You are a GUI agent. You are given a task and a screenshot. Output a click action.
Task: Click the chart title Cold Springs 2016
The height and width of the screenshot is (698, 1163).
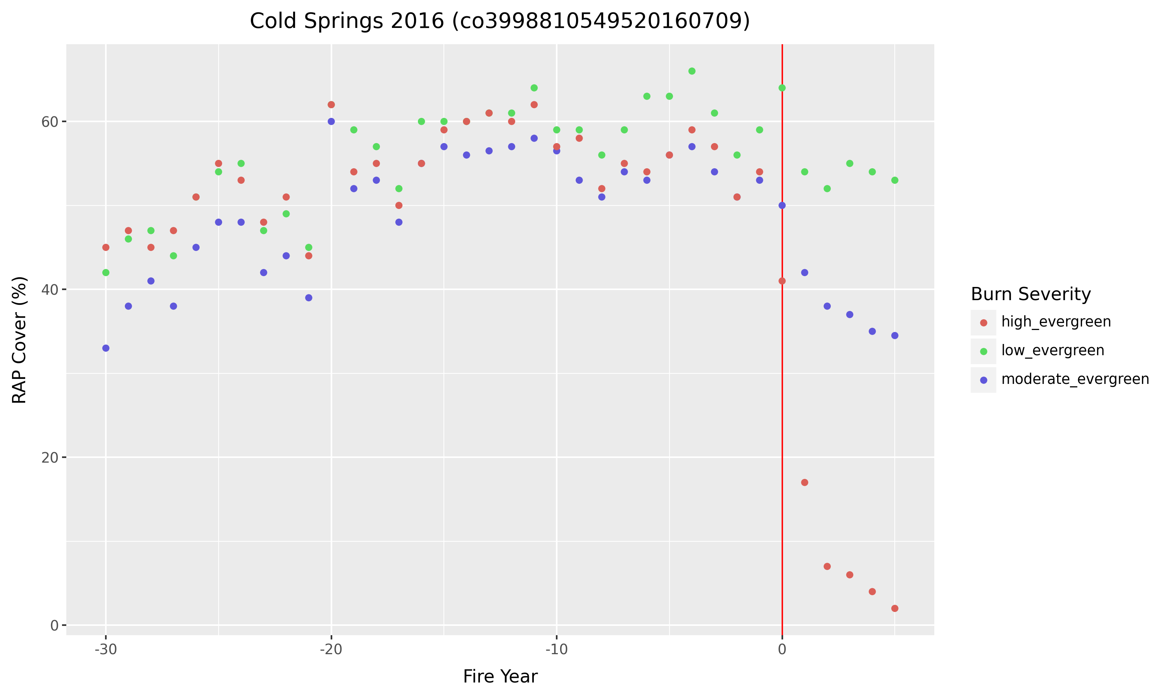coord(500,21)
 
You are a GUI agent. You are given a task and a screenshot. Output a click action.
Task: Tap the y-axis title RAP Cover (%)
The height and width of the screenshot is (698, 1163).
coord(19,340)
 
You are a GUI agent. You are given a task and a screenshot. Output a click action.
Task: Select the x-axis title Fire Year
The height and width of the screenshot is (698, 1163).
coord(500,676)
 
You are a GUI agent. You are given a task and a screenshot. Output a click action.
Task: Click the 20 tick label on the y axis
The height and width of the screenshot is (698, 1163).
coord(49,458)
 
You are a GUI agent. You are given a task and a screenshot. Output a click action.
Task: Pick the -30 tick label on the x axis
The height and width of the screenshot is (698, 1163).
coord(105,650)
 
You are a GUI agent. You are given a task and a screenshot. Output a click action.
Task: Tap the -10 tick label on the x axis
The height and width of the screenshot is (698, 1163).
coord(556,650)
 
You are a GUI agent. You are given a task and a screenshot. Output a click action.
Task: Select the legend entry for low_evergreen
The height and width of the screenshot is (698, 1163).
coord(1052,351)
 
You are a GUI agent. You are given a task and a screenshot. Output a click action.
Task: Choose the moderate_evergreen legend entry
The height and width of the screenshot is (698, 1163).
coord(1075,380)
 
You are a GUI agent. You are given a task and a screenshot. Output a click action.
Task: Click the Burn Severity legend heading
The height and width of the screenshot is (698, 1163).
coord(1030,294)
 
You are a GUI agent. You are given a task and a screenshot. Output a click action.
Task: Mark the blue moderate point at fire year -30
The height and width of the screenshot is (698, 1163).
coord(106,348)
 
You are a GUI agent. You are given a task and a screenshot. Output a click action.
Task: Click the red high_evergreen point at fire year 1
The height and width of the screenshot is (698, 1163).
coord(804,482)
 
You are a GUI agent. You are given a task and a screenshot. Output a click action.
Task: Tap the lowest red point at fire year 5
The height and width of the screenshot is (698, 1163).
coord(895,608)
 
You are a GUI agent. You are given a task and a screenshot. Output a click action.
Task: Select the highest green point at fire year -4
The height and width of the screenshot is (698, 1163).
coord(692,71)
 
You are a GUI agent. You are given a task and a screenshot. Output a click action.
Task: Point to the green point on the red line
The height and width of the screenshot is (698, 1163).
coord(782,88)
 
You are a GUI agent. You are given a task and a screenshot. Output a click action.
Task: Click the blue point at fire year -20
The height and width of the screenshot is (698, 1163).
coord(331,121)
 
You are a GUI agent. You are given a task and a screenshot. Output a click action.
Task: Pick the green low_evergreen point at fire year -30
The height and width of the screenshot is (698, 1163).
coord(106,272)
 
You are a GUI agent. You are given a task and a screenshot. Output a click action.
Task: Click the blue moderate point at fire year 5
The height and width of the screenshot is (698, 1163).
coord(895,335)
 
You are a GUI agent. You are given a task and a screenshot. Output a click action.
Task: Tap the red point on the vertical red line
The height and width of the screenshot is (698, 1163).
coord(782,281)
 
